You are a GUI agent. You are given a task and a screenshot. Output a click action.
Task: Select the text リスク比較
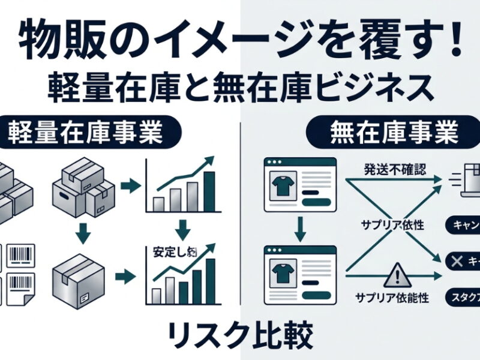[x=239, y=336]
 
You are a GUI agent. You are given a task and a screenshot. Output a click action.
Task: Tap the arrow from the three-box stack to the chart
[x=128, y=187]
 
